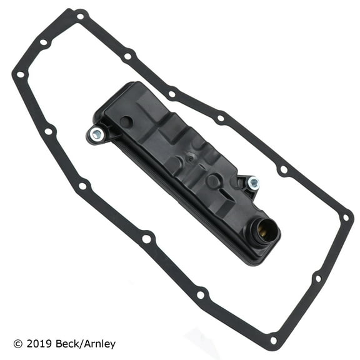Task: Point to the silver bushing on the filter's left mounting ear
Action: coord(96,134)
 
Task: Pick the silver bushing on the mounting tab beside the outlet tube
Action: coord(253,183)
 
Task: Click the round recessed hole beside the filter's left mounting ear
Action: coord(127,122)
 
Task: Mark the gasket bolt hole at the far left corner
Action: coord(20,75)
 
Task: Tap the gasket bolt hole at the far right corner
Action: coord(345,218)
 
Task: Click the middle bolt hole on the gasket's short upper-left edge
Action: coord(43,42)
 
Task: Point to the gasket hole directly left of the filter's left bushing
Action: coord(48,131)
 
